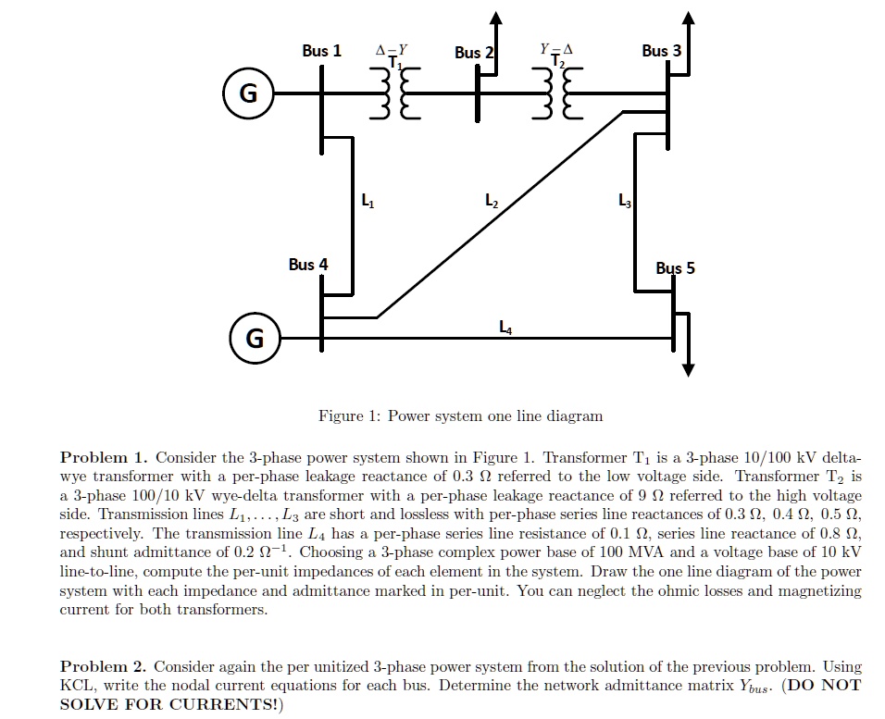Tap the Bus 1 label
pyautogui.click(x=321, y=50)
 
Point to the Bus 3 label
pyautogui.click(x=661, y=50)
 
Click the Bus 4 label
pyautogui.click(x=307, y=265)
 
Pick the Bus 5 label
pyautogui.click(x=675, y=268)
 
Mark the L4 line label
pyautogui.click(x=505, y=325)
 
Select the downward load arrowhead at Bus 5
pyautogui.click(x=687, y=368)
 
